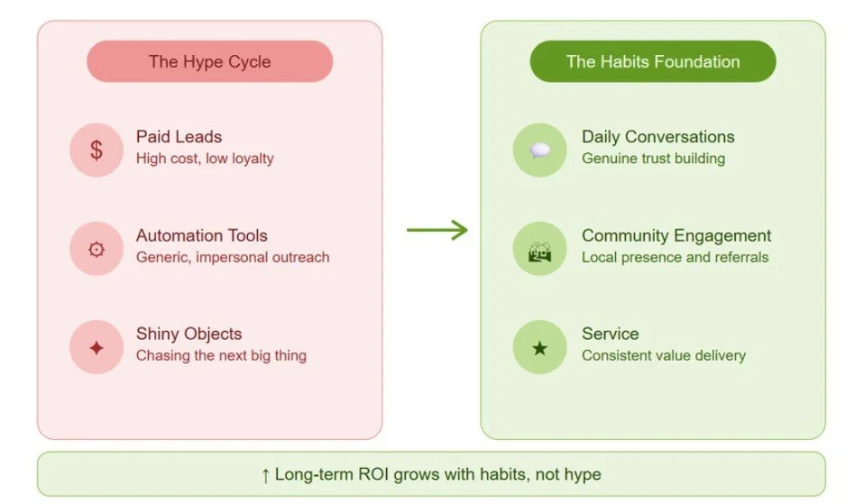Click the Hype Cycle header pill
click(209, 62)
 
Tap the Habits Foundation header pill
click(653, 62)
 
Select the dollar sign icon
click(96, 150)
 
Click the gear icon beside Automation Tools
click(96, 249)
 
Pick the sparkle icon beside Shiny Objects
click(96, 347)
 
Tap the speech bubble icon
click(539, 150)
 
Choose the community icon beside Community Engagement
click(539, 249)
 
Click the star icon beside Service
click(539, 347)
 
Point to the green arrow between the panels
click(437, 230)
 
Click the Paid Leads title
click(179, 137)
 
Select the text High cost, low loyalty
click(205, 159)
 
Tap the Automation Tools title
click(202, 235)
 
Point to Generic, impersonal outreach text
click(233, 257)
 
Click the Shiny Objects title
click(188, 334)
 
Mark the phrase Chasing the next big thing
click(221, 355)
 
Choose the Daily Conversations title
click(657, 137)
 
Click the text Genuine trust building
click(653, 159)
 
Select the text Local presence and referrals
click(675, 257)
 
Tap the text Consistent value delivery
click(663, 355)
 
